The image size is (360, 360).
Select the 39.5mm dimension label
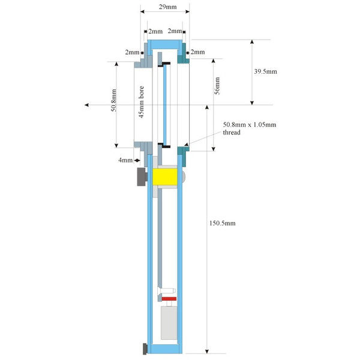[x=265, y=71]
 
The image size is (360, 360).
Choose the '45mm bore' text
[x=142, y=103]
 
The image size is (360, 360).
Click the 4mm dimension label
[x=125, y=160]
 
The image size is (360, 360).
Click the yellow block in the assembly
[x=164, y=176]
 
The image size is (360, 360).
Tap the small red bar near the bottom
[x=168, y=298]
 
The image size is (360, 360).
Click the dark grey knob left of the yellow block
[x=142, y=177]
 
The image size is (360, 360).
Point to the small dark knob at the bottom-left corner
[x=145, y=348]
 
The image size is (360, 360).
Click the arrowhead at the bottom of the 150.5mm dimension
[x=206, y=350]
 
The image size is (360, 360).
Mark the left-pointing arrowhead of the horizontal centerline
[x=88, y=105]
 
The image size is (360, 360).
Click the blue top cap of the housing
[x=164, y=43]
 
